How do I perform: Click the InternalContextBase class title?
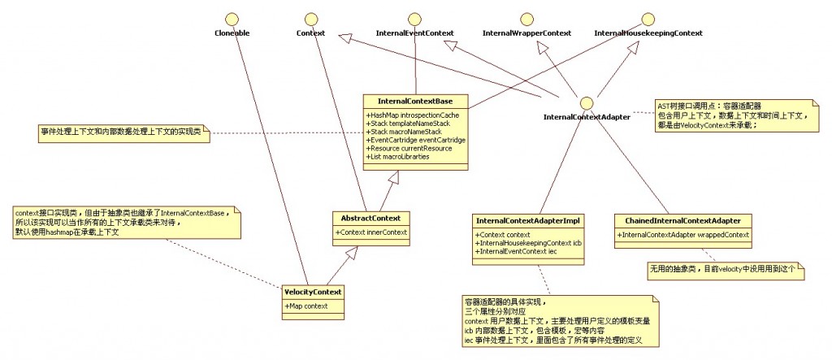[x=415, y=101]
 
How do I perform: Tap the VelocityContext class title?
[x=314, y=291]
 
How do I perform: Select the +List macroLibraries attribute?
[x=396, y=156]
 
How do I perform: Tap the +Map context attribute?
[x=307, y=306]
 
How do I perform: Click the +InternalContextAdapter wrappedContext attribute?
[x=683, y=235]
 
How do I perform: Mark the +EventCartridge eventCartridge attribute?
[x=416, y=140]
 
